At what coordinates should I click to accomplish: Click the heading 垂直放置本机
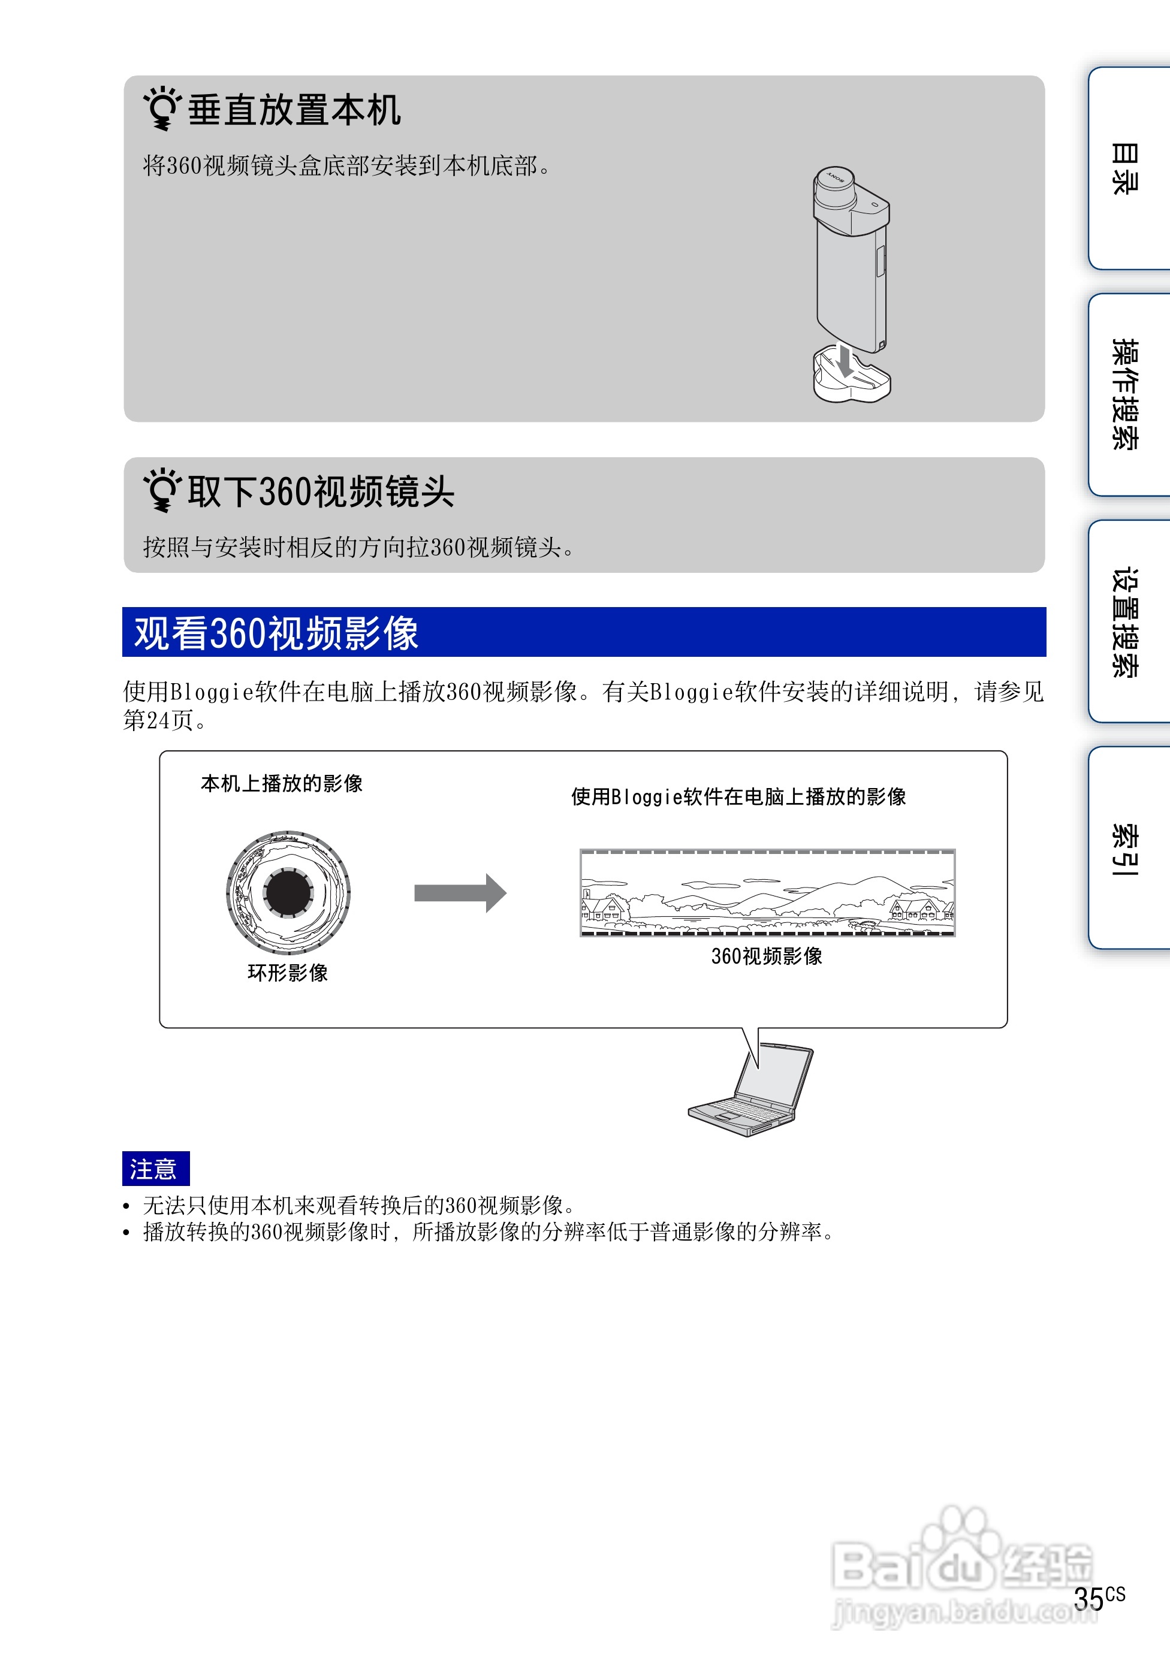click(x=294, y=110)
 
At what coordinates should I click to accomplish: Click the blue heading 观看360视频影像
click(x=276, y=633)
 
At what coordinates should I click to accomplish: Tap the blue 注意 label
click(x=155, y=1169)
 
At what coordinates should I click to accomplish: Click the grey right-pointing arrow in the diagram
click(x=460, y=892)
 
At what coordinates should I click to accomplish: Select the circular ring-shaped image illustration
click(x=289, y=892)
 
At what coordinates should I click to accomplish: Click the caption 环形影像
click(x=288, y=973)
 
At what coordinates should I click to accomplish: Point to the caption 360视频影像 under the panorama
click(x=767, y=956)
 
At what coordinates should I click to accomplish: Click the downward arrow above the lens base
click(x=846, y=360)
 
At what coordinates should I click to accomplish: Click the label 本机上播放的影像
click(x=281, y=783)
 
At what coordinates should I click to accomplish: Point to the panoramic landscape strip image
click(x=767, y=892)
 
